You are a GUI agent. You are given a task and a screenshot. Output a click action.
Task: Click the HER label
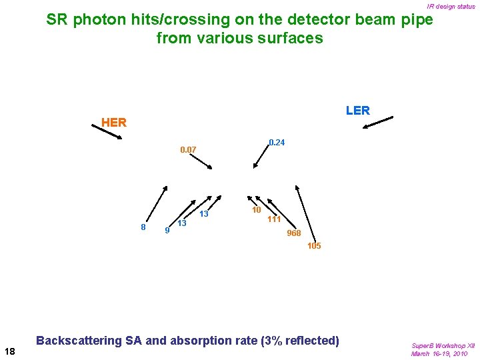[113, 123]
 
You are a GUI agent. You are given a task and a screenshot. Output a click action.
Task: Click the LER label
[357, 111]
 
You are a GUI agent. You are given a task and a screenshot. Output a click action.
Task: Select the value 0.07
[188, 150]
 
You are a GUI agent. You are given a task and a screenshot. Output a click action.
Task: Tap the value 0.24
[276, 143]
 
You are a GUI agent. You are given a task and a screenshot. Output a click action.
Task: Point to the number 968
[293, 233]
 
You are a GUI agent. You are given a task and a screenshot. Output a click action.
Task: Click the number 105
[314, 246]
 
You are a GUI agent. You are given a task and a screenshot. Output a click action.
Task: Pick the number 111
[273, 219]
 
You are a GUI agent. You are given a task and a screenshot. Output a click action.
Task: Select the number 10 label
[255, 210]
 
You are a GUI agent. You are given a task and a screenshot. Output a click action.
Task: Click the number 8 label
[143, 227]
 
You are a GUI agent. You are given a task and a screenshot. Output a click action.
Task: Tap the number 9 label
[167, 231]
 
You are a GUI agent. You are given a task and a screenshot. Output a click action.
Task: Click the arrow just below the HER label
[107, 132]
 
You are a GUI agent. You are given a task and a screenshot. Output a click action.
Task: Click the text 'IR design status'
[451, 7]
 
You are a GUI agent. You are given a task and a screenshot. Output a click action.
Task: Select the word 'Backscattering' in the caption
[77, 341]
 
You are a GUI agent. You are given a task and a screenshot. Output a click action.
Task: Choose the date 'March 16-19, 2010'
[439, 353]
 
